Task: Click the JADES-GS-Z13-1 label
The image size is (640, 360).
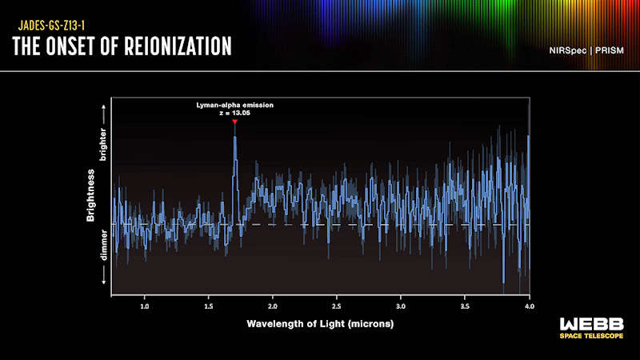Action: point(51,26)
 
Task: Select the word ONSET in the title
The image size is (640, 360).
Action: point(71,46)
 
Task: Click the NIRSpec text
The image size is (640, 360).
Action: point(568,50)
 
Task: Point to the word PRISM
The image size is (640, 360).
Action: point(610,50)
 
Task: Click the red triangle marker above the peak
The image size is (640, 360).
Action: point(234,122)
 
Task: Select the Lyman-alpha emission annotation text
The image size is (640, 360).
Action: point(234,105)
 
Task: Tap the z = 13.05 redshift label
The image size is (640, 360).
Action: point(234,113)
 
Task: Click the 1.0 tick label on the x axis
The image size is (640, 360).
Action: point(145,306)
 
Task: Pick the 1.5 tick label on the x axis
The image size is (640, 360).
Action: point(209,306)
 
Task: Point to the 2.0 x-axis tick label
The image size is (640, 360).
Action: point(273,306)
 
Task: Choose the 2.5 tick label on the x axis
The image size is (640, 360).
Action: point(337,306)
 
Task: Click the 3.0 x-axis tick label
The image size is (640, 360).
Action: point(401,306)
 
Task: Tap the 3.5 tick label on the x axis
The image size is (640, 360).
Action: point(465,306)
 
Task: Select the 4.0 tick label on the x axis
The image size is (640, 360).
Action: point(529,306)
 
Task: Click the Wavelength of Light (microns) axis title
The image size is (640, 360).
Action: point(320,324)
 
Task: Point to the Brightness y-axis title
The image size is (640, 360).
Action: point(90,195)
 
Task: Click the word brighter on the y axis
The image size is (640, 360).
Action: point(103,145)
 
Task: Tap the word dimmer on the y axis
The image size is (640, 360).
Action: point(104,245)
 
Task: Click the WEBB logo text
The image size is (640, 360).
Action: point(592,325)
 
